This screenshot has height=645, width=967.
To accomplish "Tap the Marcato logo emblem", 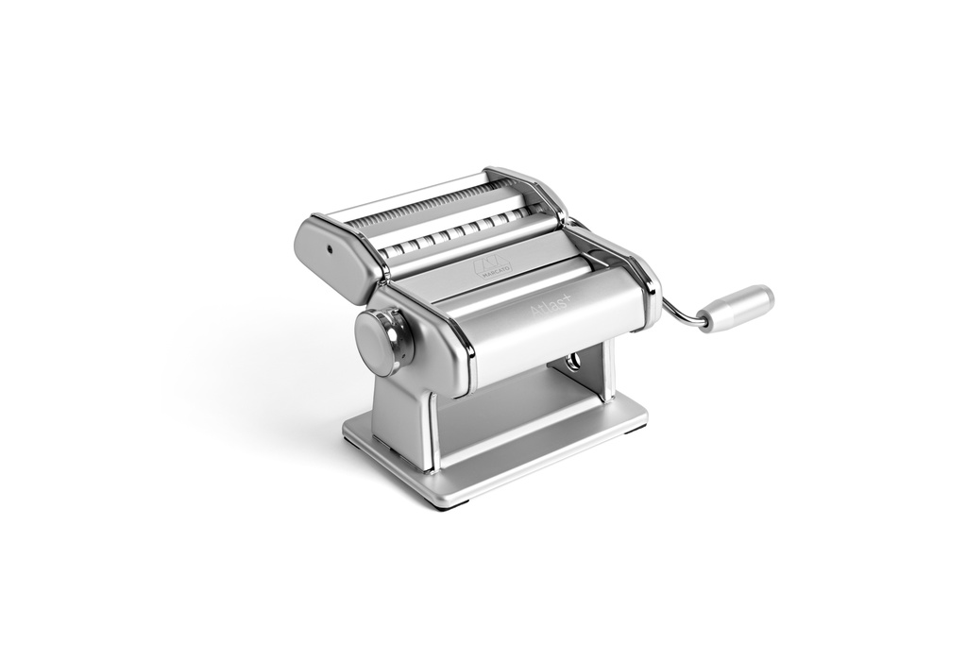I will (x=490, y=265).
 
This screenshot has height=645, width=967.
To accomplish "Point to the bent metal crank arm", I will (x=682, y=313).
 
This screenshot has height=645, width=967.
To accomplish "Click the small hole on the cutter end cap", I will (x=330, y=251).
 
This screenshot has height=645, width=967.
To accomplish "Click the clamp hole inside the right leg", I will (x=573, y=364).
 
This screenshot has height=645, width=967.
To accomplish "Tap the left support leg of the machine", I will (x=401, y=416).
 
